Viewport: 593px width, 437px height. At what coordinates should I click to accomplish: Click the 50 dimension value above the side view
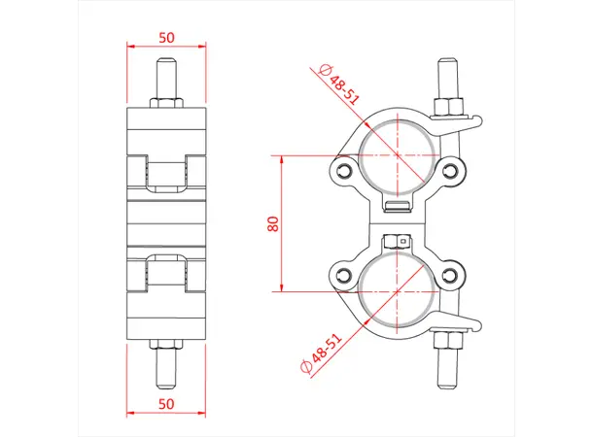click(166, 37)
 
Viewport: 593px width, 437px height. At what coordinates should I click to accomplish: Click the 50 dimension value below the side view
click(166, 401)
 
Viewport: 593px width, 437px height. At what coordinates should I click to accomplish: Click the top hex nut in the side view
click(166, 103)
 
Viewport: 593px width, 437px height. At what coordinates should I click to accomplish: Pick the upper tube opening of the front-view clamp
click(397, 155)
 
